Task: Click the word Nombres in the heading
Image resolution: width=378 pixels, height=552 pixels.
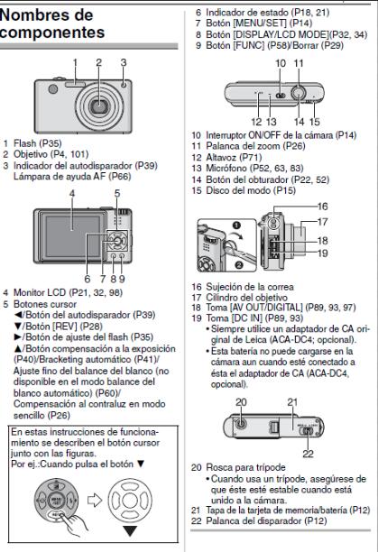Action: point(46,15)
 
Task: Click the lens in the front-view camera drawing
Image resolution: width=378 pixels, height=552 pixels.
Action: point(100,106)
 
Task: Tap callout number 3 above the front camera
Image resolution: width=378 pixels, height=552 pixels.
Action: point(124,62)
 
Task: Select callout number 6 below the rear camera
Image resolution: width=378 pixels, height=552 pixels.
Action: point(88,279)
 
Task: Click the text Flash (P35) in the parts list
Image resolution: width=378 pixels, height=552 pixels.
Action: point(38,143)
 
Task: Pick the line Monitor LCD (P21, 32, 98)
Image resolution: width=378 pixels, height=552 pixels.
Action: point(68,292)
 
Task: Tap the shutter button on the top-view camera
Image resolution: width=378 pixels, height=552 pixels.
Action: point(299,94)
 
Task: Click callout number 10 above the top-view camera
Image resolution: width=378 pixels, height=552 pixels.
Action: point(281,63)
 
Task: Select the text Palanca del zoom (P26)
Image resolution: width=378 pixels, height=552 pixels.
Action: point(255,146)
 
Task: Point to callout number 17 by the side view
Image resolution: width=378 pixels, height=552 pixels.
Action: point(322,222)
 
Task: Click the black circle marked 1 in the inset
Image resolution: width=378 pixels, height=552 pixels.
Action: point(236,225)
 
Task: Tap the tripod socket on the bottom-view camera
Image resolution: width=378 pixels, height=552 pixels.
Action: point(241,424)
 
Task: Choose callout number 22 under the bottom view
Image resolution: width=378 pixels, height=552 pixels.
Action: point(308,454)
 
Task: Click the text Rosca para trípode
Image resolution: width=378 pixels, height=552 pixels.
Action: point(245,467)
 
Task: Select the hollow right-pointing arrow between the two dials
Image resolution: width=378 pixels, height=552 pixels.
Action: point(95,501)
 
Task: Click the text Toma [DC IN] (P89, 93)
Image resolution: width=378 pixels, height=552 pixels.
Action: point(254,318)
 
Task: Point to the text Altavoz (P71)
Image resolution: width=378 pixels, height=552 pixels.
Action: point(234,157)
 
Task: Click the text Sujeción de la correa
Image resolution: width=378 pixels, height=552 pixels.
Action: point(250,287)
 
